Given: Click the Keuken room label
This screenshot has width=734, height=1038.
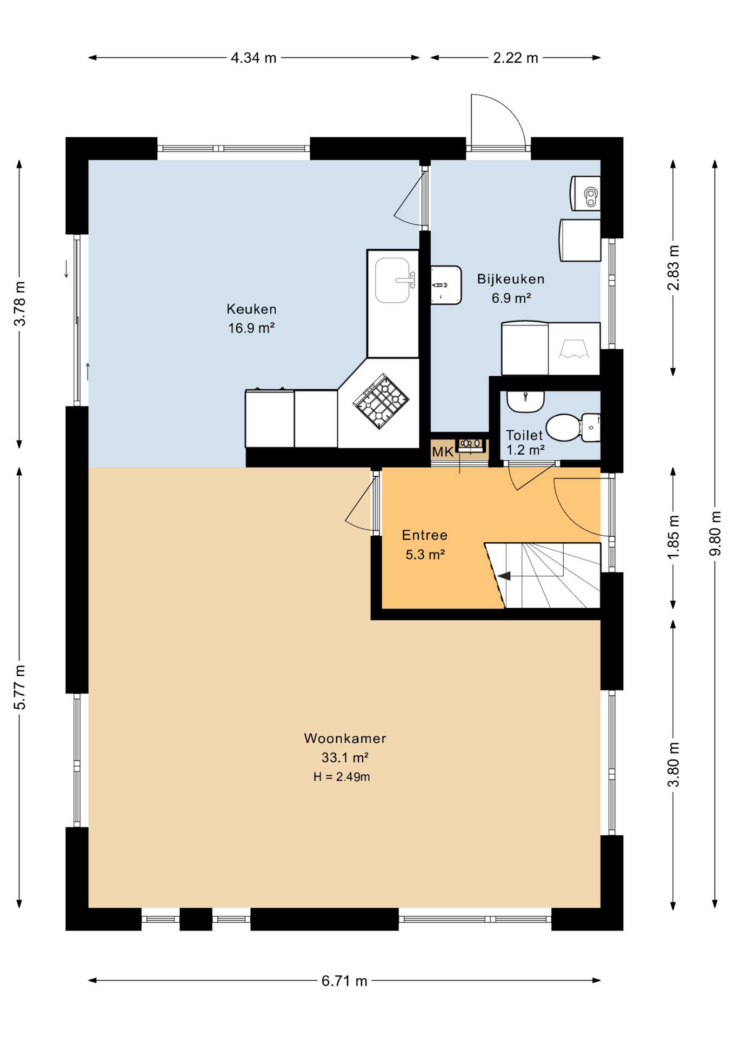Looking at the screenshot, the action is [x=251, y=309].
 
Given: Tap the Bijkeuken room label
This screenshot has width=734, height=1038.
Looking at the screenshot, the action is [x=511, y=279].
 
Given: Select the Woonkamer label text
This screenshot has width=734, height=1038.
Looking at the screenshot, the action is [x=345, y=738].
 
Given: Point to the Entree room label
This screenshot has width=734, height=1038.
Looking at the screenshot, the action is [x=425, y=535].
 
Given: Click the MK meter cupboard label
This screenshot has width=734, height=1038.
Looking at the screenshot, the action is [x=443, y=451].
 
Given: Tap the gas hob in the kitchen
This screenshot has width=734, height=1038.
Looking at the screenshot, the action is [x=381, y=401].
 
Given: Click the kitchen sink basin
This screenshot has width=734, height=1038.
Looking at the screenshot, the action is [x=392, y=280].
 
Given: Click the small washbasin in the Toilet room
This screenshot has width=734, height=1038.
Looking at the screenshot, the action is [x=525, y=401].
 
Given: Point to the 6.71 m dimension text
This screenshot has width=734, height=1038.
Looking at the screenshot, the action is [x=344, y=981].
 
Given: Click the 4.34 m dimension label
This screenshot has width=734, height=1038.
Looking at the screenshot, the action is [x=253, y=58].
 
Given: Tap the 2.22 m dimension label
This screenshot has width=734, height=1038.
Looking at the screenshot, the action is [x=516, y=58].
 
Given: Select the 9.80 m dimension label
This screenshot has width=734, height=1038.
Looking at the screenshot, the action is [x=715, y=533].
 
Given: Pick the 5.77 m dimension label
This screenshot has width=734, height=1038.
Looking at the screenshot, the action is [x=19, y=687].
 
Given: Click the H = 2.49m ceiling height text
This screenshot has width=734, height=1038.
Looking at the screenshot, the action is [x=342, y=777].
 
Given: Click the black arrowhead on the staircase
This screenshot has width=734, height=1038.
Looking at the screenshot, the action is [x=504, y=576].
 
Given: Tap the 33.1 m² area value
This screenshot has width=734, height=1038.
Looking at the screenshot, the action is [x=345, y=757].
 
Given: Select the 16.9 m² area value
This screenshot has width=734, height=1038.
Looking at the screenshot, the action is [x=251, y=328].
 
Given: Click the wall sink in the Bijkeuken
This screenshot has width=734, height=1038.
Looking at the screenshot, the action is [x=446, y=285].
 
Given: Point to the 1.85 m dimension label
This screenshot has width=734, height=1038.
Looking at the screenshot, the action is [x=673, y=538].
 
